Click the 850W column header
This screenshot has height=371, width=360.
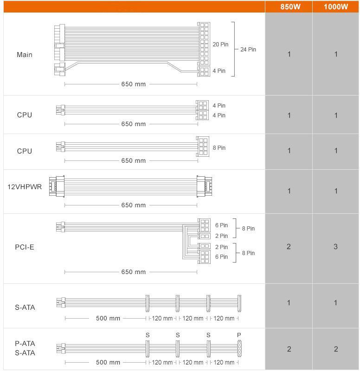(x=290, y=6)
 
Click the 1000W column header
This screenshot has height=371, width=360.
(x=336, y=6)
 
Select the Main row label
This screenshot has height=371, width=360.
(x=25, y=55)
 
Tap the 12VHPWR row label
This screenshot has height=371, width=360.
(x=25, y=187)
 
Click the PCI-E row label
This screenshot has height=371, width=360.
(x=25, y=247)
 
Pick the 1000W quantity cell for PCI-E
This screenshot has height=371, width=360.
(x=335, y=247)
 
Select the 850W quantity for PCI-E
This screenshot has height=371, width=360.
(x=289, y=247)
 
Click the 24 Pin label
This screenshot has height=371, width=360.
(x=248, y=50)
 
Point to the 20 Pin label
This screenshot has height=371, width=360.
(x=220, y=44)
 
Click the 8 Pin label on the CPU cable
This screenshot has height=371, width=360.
(x=219, y=147)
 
